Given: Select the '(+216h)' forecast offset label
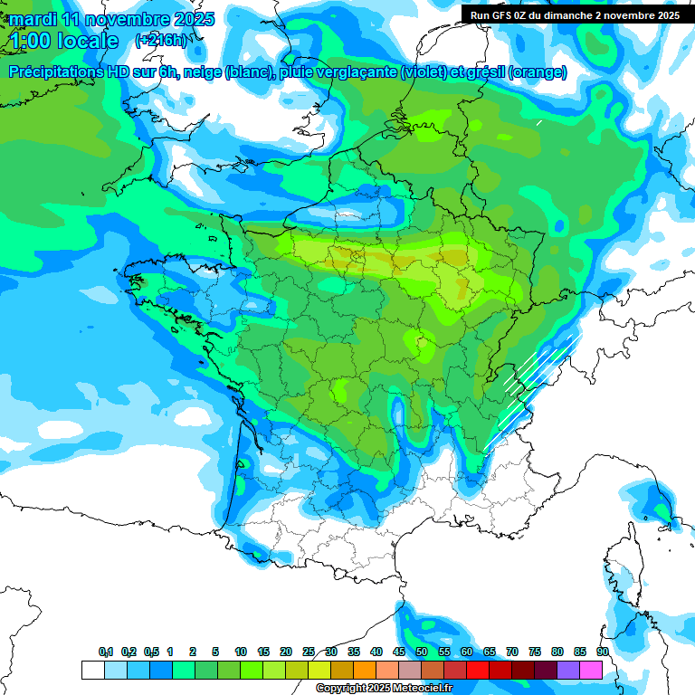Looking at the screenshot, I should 160,41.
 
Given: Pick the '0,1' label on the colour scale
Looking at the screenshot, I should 106,652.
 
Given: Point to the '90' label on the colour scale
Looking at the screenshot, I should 602,652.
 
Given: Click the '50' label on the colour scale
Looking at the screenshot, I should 422,652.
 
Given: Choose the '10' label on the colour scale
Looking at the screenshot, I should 241,652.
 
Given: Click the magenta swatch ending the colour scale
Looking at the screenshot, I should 591,670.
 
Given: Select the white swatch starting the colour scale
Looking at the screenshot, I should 93,670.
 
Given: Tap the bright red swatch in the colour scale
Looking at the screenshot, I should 478,670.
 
